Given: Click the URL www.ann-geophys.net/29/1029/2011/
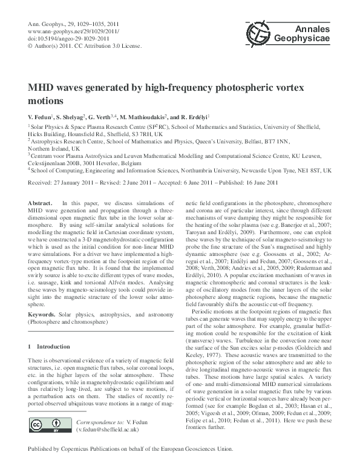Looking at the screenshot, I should (x=69, y=30).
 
